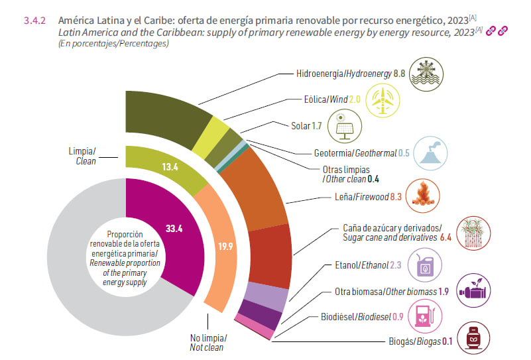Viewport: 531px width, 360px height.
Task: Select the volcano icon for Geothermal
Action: [424, 152]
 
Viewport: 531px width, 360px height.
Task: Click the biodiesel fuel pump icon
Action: [422, 317]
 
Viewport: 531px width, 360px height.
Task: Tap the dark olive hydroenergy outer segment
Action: [163, 117]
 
